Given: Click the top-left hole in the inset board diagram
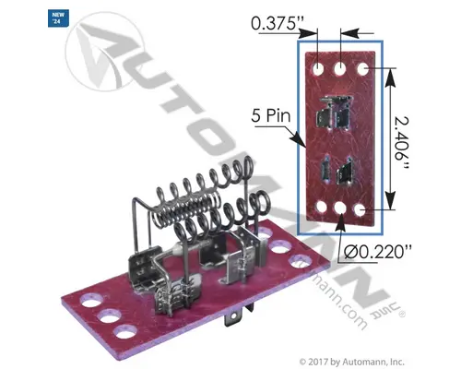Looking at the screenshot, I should point(318,67).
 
